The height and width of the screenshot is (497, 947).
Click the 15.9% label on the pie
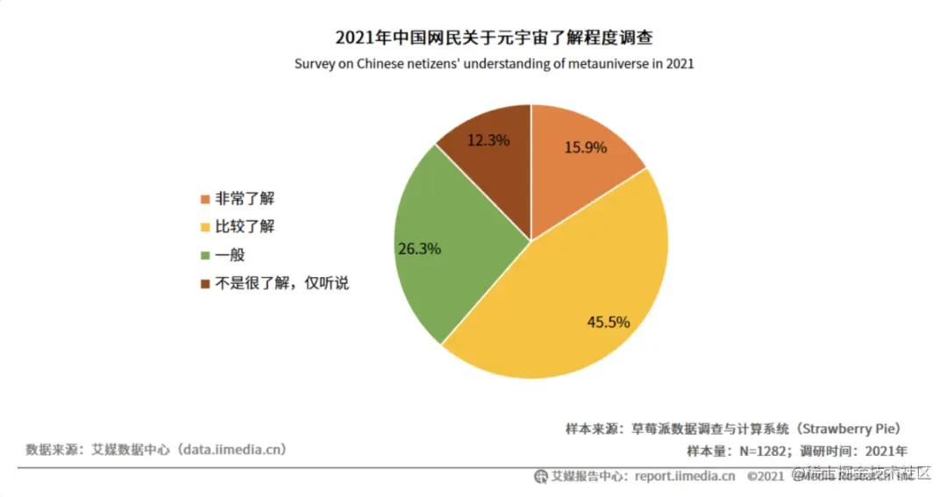(x=585, y=147)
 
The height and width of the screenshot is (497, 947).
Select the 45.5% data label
(x=608, y=322)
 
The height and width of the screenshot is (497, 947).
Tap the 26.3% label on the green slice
(x=419, y=248)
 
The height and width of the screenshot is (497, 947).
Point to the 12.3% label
(x=488, y=139)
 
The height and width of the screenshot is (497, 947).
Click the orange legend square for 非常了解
(x=205, y=199)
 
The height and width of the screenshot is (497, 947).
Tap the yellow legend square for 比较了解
(x=205, y=227)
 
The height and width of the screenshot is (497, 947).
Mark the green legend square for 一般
(x=205, y=255)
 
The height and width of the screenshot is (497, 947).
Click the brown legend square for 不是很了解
(x=205, y=283)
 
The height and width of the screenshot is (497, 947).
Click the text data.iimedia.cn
(x=231, y=450)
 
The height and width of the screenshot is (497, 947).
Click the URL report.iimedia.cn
(x=685, y=476)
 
